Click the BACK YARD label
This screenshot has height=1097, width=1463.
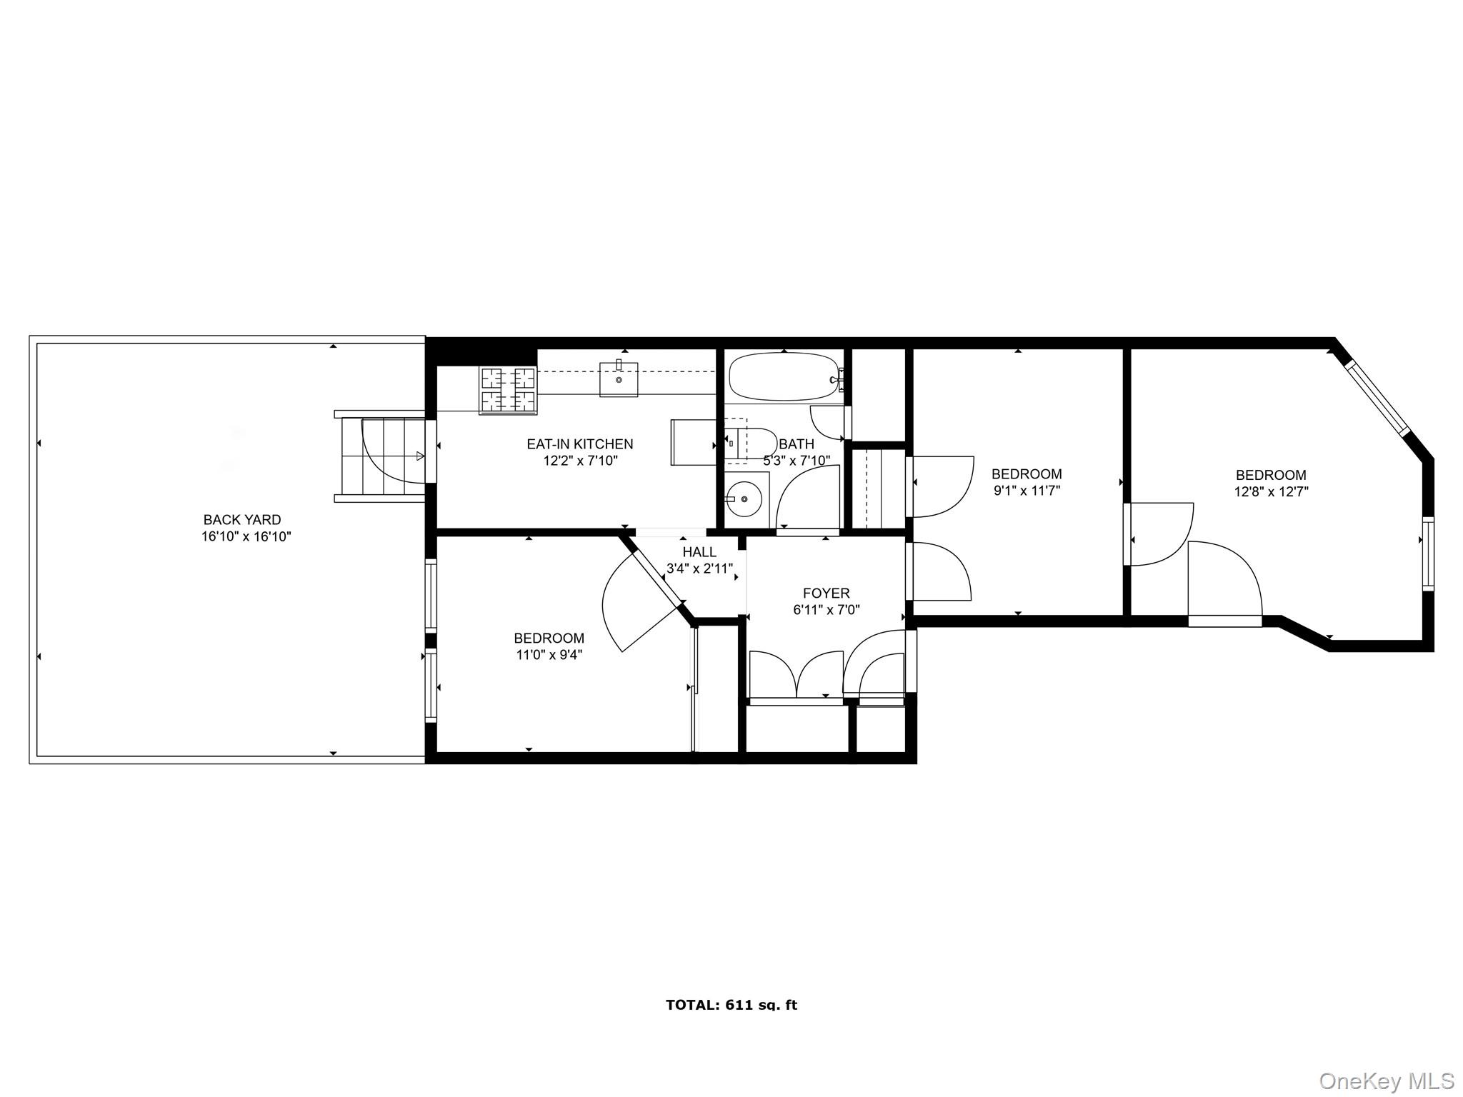click(x=242, y=520)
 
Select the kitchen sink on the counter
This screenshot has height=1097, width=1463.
click(x=619, y=379)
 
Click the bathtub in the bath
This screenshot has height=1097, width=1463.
click(x=783, y=377)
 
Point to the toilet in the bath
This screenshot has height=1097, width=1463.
click(x=752, y=444)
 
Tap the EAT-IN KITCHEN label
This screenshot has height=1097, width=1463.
click(x=579, y=444)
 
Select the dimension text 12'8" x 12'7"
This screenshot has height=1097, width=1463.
click(x=1271, y=492)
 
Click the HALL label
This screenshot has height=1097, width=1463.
click(x=699, y=552)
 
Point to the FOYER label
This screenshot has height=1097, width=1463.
click(x=826, y=593)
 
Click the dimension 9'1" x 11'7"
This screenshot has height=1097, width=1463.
click(x=1027, y=491)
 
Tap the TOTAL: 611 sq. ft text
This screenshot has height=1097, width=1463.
click(x=731, y=1005)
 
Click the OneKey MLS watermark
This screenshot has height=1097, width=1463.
click(x=1386, y=1081)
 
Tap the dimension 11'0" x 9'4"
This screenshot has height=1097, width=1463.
click(x=549, y=655)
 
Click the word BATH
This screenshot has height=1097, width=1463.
click(x=797, y=444)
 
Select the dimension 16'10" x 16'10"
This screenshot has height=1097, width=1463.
click(x=246, y=536)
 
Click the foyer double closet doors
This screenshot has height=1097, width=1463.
click(x=797, y=675)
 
